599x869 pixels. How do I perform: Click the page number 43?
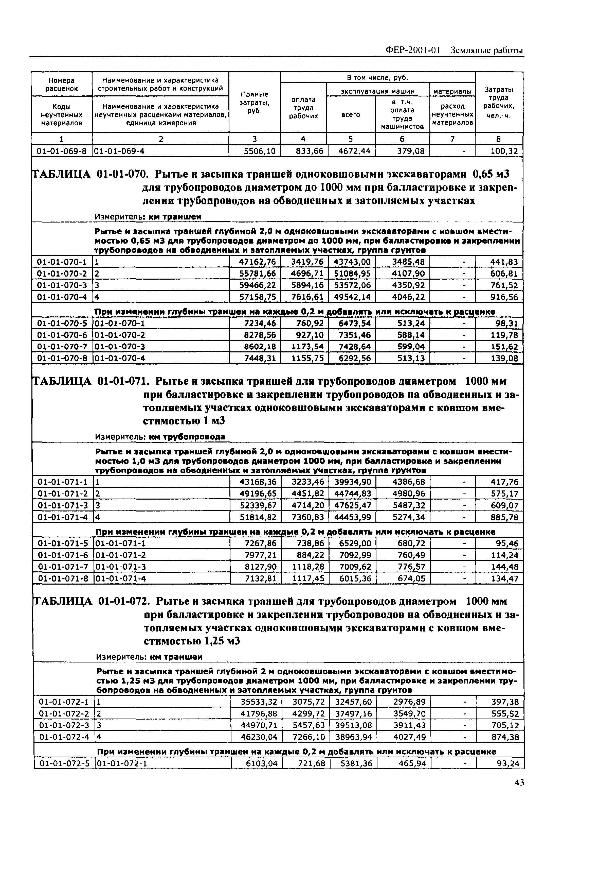[519, 783]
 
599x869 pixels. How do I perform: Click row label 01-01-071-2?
[63, 493]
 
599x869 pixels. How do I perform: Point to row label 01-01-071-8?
[63, 579]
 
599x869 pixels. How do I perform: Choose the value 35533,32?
[258, 702]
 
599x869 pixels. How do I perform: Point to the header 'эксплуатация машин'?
[378, 91]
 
